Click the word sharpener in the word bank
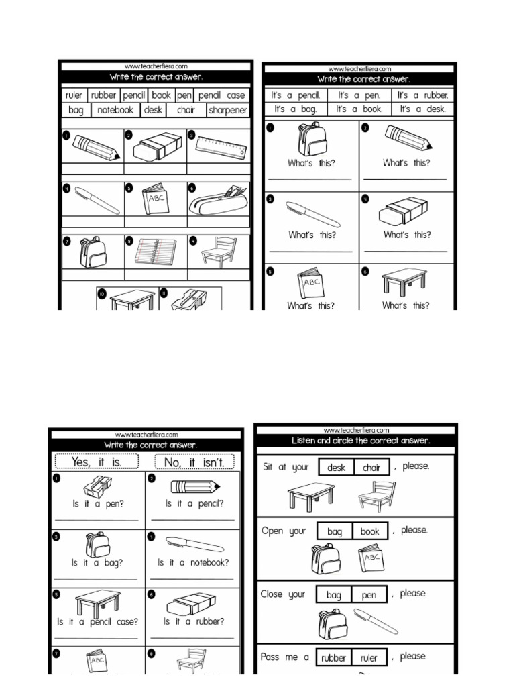(x=227, y=111)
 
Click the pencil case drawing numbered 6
(x=218, y=199)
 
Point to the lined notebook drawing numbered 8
(x=155, y=252)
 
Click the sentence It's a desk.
(x=422, y=109)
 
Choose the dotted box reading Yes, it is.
(x=97, y=462)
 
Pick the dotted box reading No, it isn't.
(x=194, y=462)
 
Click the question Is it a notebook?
(x=193, y=562)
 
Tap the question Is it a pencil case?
(x=97, y=621)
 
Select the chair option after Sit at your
(x=371, y=468)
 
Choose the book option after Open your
(x=369, y=531)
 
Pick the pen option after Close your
(x=369, y=594)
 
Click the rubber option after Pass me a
(x=333, y=658)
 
